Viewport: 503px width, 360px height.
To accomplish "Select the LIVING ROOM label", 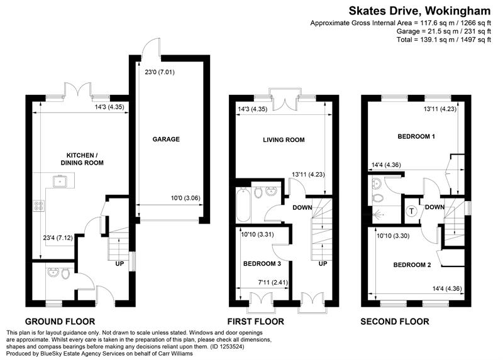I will click(284, 140).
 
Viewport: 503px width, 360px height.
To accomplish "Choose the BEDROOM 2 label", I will click(412, 265).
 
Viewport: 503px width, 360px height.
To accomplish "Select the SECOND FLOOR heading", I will click(394, 322).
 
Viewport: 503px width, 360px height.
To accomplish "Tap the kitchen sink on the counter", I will click(63, 182).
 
